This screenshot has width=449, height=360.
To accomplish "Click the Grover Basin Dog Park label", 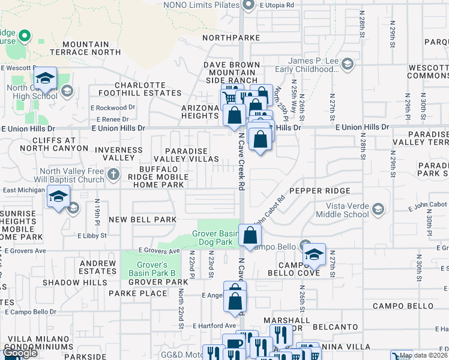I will click(x=215, y=238).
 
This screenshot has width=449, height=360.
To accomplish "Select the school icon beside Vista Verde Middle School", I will click(x=378, y=209).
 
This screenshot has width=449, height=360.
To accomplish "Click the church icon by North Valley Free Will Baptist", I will click(x=112, y=175).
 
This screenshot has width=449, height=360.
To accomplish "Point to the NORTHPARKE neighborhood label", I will click(x=231, y=37).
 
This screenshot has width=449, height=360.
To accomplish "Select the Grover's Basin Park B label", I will click(x=151, y=268).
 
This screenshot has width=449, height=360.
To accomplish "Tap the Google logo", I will click(x=20, y=353).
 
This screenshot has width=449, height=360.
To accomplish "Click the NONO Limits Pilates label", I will click(x=203, y=5).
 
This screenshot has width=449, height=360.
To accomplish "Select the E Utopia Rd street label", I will click(x=277, y=5).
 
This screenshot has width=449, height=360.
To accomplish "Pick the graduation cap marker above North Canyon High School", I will click(x=44, y=79).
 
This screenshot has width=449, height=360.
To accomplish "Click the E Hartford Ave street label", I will click(x=214, y=325).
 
